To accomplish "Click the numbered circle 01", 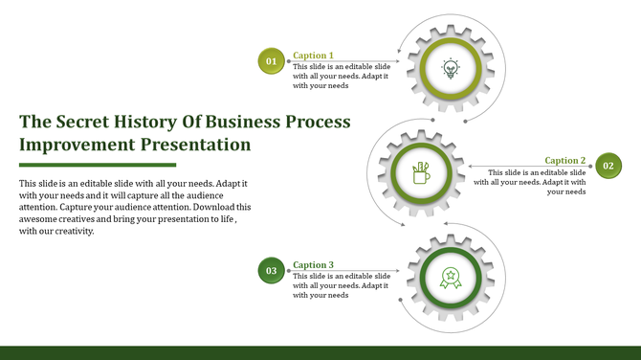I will (271, 61).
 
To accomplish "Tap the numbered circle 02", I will (608, 166).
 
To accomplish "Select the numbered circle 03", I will (271, 271).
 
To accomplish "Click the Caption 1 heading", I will (313, 56).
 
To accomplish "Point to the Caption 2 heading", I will (564, 161).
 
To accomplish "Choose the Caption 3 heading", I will (313, 265).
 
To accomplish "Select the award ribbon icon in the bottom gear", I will (450, 278).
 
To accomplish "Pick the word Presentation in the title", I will (196, 146).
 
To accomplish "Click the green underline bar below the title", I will (98, 165).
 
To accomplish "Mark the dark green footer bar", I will (320, 352).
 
